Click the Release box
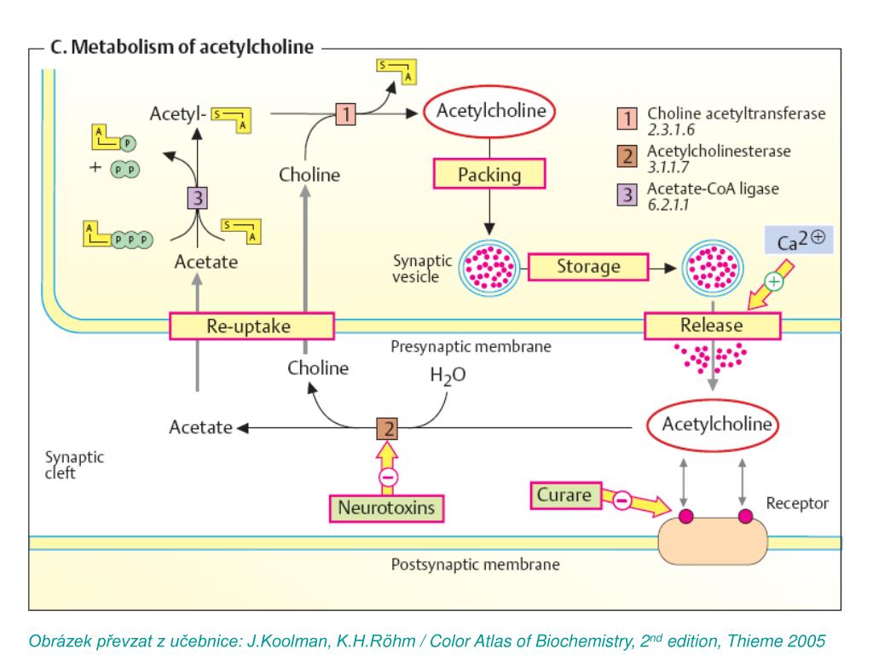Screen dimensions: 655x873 711,325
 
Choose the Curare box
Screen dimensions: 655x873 565,493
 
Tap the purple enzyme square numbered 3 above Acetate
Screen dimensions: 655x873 198,198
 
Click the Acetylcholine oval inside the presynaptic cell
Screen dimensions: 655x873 491,112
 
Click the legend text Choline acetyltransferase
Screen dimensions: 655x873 736,114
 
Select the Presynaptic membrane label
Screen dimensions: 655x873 471,347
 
